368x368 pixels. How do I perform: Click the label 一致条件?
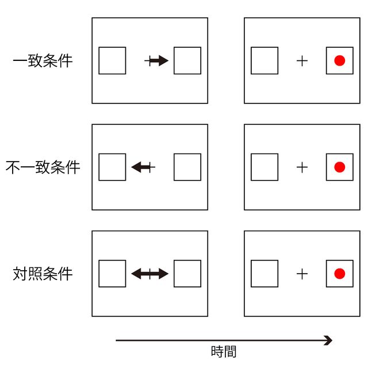point(43,61)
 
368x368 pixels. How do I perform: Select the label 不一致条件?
point(43,167)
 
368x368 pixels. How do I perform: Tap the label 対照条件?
point(43,274)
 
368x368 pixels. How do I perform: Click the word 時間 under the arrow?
point(224,352)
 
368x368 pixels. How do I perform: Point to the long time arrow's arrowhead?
point(328,340)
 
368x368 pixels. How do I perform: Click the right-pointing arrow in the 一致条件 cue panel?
point(158,60)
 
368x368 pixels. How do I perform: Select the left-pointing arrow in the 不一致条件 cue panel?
point(141,167)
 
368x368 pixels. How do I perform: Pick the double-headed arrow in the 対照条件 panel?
point(149,274)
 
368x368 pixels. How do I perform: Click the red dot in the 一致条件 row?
point(339,60)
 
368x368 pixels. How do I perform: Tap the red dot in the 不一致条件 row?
point(339,167)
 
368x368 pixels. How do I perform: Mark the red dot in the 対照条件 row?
point(339,274)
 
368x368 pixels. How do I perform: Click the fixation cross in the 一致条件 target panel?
point(302,60)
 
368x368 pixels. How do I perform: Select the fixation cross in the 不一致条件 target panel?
point(302,167)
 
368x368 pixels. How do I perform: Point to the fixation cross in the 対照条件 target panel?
point(302,274)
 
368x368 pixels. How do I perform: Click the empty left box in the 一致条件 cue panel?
point(112,60)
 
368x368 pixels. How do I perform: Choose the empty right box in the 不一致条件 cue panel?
point(187,167)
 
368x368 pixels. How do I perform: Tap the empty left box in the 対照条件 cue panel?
point(112,274)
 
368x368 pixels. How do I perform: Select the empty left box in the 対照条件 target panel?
point(264,274)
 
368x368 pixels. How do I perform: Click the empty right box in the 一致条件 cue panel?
point(187,60)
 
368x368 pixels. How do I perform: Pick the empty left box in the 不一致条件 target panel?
point(264,167)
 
